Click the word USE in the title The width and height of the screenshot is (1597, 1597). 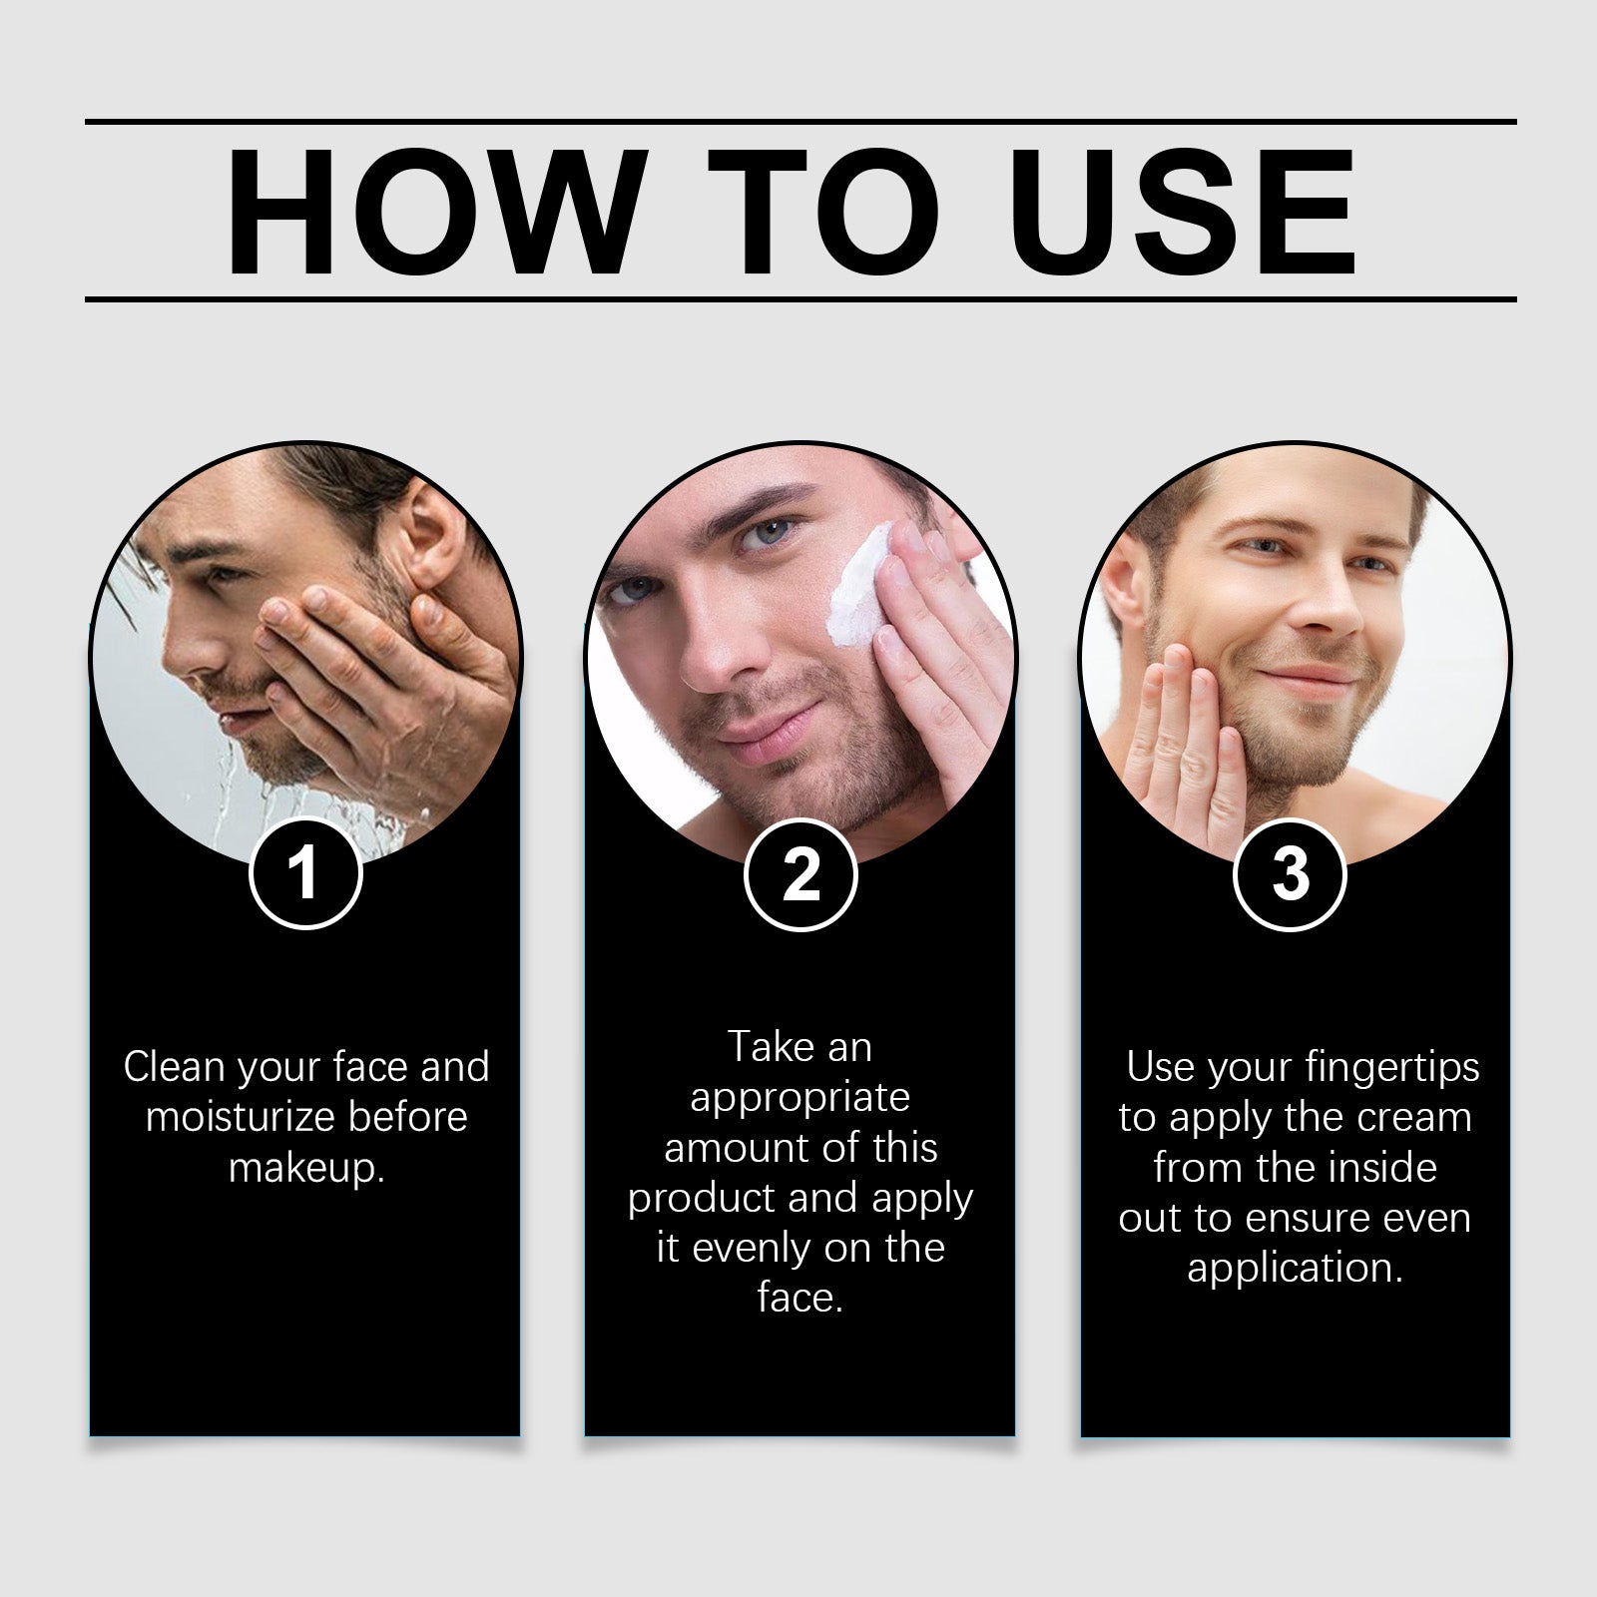pos(1188,212)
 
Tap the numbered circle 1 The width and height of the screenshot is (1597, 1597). pos(304,874)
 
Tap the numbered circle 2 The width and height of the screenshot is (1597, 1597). pos(800,874)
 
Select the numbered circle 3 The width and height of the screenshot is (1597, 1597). pos(1291,874)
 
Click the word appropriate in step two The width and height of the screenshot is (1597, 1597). pos(799,1098)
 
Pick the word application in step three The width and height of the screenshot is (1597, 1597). pos(1294,1269)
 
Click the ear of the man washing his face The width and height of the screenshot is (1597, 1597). pos(439,539)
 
